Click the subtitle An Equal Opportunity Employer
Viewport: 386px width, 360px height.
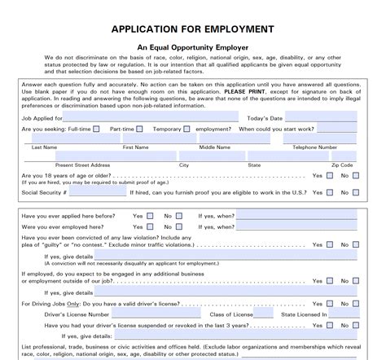[193, 47]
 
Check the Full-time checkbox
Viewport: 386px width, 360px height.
[96, 129]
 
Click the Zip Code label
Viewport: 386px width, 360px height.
[342, 165]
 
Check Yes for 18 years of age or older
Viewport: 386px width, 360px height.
[330, 175]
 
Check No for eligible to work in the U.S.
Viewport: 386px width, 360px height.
[355, 194]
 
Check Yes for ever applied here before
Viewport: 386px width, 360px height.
[150, 216]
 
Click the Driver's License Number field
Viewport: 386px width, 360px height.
[159, 313]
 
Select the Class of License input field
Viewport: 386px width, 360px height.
[258, 313]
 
